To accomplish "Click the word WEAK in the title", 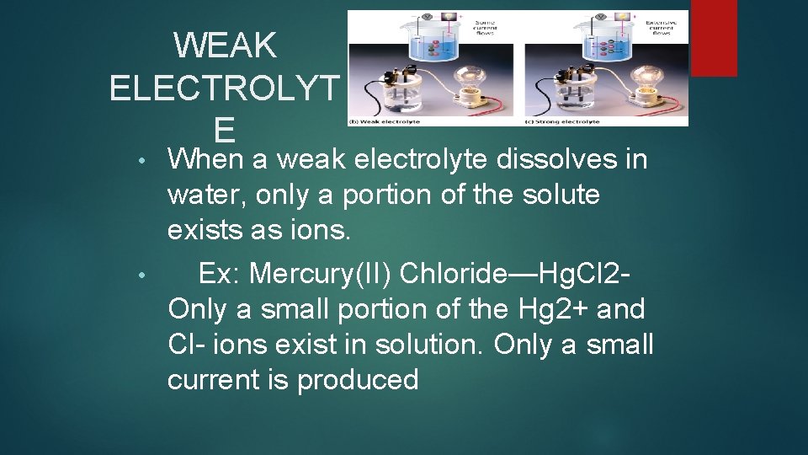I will pyautogui.click(x=225, y=45).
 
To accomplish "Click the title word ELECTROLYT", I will pyautogui.click(x=224, y=88).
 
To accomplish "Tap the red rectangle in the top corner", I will pyautogui.click(x=713, y=38).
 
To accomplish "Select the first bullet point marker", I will pyautogui.click(x=145, y=160).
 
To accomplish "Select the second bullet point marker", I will pyautogui.click(x=145, y=275).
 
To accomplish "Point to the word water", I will pyautogui.click(x=205, y=195).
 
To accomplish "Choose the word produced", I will pyautogui.click(x=358, y=380).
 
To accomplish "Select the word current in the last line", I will pyautogui.click(x=215, y=380).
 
